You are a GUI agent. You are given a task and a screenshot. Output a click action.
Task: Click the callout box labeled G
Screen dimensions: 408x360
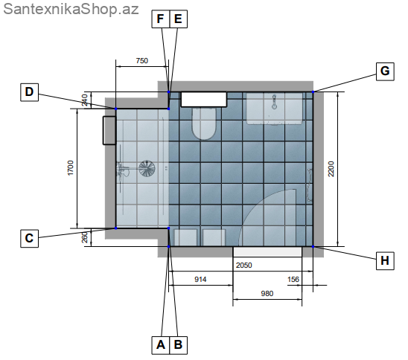click(385, 71)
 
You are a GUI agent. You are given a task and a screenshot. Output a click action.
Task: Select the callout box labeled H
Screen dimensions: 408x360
click(385, 261)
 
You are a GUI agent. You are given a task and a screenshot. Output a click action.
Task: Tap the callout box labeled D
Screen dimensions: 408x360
click(29, 92)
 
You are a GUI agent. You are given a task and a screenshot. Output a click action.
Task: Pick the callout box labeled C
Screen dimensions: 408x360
click(29, 238)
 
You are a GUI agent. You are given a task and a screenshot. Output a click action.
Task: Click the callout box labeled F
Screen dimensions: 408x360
click(161, 19)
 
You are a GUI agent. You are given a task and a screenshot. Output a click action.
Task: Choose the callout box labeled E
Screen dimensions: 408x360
click(178, 19)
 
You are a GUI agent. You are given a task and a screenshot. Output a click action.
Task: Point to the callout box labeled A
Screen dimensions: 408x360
click(161, 345)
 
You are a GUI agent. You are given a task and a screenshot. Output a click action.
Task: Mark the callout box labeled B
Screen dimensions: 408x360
click(178, 345)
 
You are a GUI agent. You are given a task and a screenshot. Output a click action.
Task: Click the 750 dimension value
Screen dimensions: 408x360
click(141, 60)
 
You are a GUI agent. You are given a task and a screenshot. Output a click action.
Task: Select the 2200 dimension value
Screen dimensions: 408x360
click(331, 169)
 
